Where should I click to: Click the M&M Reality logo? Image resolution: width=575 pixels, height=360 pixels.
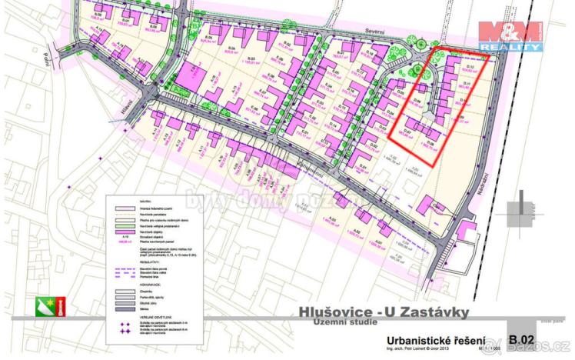510,35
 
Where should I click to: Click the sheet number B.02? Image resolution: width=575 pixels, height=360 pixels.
520,338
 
